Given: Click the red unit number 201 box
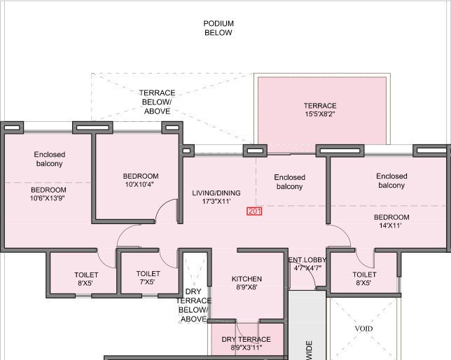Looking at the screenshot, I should (254, 212).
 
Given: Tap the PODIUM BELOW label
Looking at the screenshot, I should (218, 28).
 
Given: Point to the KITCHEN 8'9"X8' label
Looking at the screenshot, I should (247, 284).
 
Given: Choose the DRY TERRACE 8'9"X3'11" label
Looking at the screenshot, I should (246, 344).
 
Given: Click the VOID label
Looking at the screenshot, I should (364, 328).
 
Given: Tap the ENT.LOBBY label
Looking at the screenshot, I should (307, 263).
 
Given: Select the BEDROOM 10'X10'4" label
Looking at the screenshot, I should (141, 181).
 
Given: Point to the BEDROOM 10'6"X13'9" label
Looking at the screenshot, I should (48, 195).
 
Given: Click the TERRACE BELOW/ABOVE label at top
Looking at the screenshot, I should (157, 102).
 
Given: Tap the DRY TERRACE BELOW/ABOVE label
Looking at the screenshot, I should (194, 305).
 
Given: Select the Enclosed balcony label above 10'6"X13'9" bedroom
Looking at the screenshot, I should (49, 159).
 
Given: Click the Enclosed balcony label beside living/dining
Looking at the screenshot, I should (289, 182).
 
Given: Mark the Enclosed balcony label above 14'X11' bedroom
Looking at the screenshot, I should (391, 181).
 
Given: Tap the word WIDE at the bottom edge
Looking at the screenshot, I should (308, 350).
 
